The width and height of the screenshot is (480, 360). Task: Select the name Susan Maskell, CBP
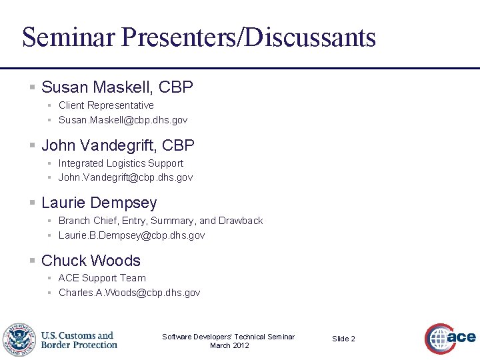(x=117, y=87)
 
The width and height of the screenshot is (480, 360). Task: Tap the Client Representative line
(x=106, y=105)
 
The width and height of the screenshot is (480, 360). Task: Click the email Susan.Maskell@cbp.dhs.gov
(x=123, y=120)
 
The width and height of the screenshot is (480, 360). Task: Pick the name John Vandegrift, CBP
(x=117, y=145)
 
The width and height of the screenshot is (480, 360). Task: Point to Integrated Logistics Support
(x=121, y=163)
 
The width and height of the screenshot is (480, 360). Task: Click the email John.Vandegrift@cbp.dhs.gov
(x=125, y=177)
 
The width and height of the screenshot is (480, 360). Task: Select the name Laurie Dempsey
(x=99, y=203)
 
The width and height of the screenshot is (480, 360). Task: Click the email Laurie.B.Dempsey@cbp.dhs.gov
(x=131, y=235)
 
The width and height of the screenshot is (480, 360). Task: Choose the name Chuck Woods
(x=91, y=261)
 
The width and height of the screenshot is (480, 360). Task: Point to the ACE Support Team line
(x=102, y=278)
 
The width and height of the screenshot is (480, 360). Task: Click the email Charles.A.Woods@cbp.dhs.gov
(x=129, y=293)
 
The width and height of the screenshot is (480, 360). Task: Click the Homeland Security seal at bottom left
(x=19, y=339)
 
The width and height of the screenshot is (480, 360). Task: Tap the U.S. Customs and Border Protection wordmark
(x=79, y=340)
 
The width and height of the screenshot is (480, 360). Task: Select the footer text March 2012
(x=229, y=345)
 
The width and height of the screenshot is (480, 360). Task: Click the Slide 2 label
(x=343, y=339)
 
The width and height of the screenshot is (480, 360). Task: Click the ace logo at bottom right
(x=451, y=338)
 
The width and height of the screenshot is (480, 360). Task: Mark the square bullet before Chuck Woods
(x=32, y=261)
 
